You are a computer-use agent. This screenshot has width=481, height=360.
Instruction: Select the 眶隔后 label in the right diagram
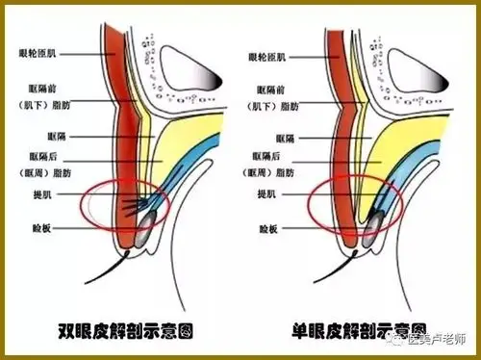point(277,157)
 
